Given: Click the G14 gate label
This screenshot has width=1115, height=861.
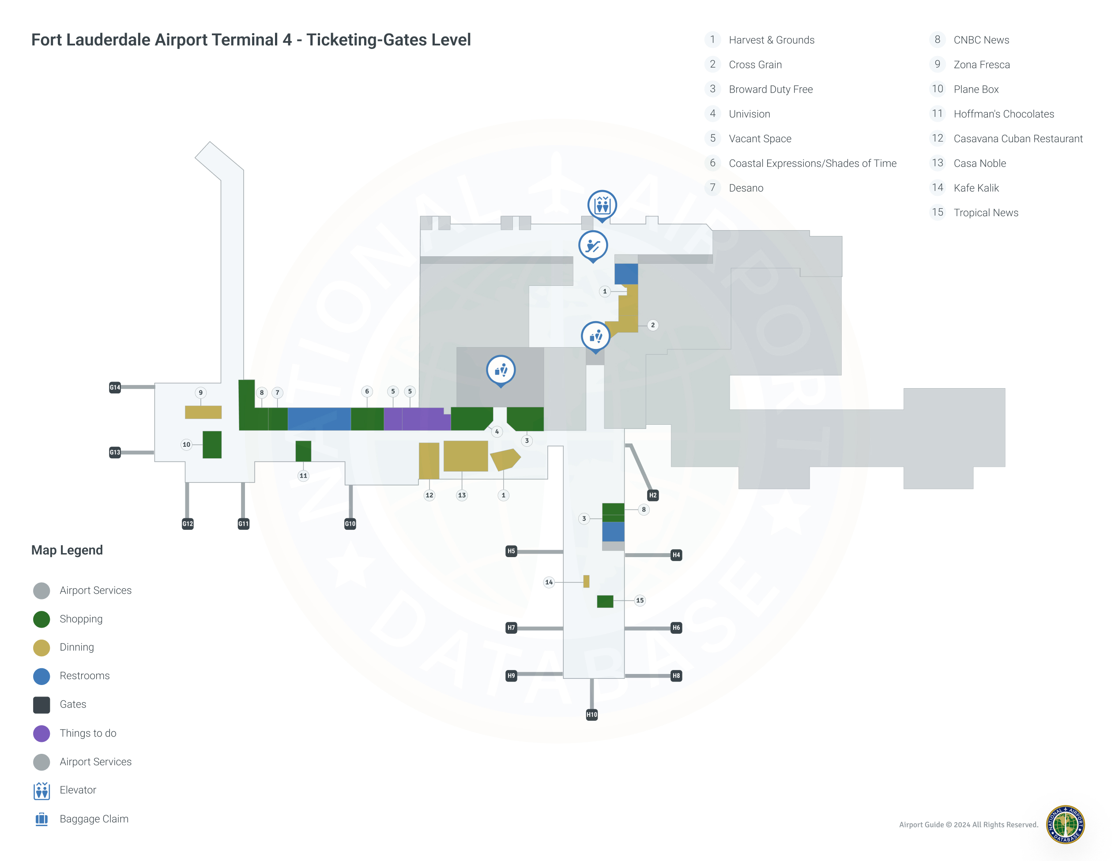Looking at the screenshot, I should [x=115, y=387].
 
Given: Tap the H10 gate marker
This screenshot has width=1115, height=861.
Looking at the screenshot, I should [x=591, y=715].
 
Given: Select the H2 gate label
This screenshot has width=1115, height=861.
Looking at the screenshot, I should [x=652, y=495].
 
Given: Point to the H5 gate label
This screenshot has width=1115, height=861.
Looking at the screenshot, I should [x=511, y=551].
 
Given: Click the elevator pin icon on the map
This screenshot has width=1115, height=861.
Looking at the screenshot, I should [x=602, y=205].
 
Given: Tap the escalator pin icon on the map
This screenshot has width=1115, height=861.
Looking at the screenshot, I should [x=593, y=245].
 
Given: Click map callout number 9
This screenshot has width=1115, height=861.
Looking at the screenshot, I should [x=201, y=392].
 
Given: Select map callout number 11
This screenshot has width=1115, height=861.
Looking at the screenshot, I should [x=303, y=475].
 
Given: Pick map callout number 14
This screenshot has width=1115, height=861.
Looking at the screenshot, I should [x=549, y=582].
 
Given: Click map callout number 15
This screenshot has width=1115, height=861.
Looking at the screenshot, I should [x=640, y=600].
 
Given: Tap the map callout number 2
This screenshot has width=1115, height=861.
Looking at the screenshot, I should [x=652, y=325].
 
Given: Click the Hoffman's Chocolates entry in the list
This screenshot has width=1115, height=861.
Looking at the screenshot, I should [x=1003, y=114].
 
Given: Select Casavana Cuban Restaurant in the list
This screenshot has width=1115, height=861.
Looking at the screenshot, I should [x=1017, y=138].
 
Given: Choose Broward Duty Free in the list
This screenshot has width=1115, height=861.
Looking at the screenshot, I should [x=770, y=89].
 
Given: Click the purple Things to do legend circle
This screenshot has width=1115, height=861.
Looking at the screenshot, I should [x=41, y=734].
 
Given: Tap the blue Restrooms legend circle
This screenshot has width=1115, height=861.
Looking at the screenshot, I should [x=41, y=676].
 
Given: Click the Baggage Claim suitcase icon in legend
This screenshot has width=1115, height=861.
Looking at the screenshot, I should [x=41, y=819].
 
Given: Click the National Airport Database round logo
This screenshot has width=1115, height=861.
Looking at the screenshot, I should [x=1065, y=824].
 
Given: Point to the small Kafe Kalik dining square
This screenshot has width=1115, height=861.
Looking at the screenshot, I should [x=586, y=581].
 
